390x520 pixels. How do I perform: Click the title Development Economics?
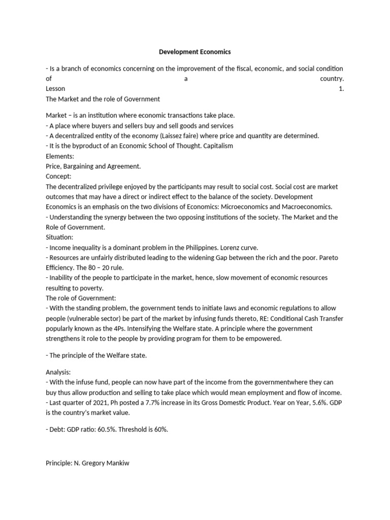[195, 52]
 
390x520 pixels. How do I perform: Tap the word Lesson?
[55, 89]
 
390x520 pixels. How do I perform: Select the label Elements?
[60, 156]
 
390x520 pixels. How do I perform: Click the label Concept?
[58, 176]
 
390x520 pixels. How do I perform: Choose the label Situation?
[59, 237]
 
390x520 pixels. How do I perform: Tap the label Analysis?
[58, 372]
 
